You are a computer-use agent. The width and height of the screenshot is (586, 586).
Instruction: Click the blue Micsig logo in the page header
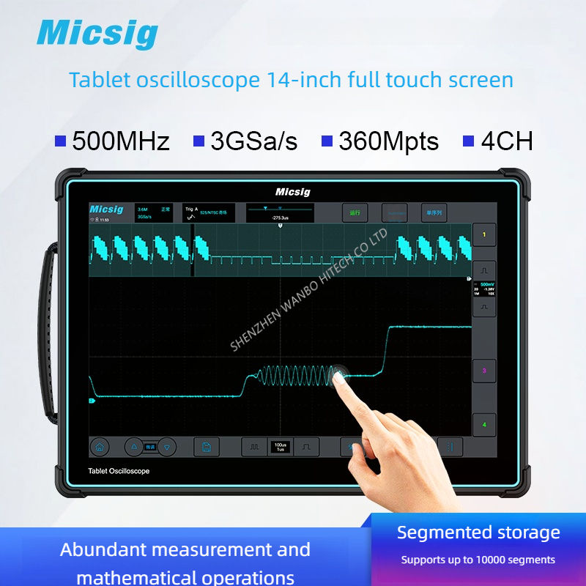tap(97, 34)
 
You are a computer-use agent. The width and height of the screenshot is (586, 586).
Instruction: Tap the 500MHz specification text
tap(121, 141)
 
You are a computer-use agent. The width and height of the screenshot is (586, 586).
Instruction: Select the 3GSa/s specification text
tap(253, 141)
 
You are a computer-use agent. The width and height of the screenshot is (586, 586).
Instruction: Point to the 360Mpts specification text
tap(388, 141)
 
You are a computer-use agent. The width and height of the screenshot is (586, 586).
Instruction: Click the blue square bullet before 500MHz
tap(60, 140)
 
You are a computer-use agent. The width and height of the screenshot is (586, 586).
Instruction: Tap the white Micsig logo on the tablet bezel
tap(293, 192)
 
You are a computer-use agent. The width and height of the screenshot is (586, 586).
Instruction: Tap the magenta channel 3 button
tap(483, 371)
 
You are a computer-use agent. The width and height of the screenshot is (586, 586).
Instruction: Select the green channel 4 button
tap(483, 424)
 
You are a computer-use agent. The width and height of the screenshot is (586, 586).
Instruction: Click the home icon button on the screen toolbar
tap(100, 446)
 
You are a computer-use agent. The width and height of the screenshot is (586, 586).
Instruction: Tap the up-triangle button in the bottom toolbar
tap(133, 446)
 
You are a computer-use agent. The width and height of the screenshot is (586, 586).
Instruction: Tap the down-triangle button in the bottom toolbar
tap(168, 446)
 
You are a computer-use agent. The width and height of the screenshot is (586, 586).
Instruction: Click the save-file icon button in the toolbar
tap(207, 446)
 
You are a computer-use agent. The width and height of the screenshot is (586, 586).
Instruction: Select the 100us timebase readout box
tap(280, 446)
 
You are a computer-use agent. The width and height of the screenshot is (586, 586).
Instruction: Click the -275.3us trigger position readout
tap(279, 217)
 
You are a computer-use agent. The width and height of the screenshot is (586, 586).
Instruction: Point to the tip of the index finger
tap(338, 376)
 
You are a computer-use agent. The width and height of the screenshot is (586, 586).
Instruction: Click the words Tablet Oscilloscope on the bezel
tap(119, 471)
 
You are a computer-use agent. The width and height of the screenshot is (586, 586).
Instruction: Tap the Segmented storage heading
tap(478, 533)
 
